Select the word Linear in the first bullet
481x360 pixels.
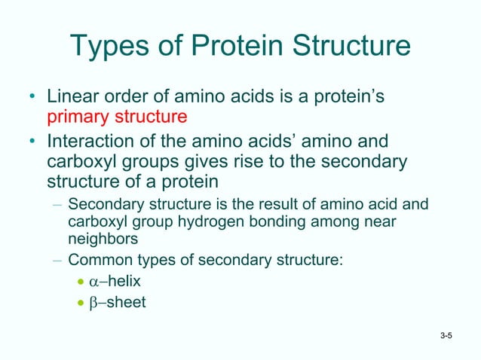[x=74, y=98]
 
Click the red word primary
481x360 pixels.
[x=78, y=117]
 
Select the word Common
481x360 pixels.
[x=96, y=261]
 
